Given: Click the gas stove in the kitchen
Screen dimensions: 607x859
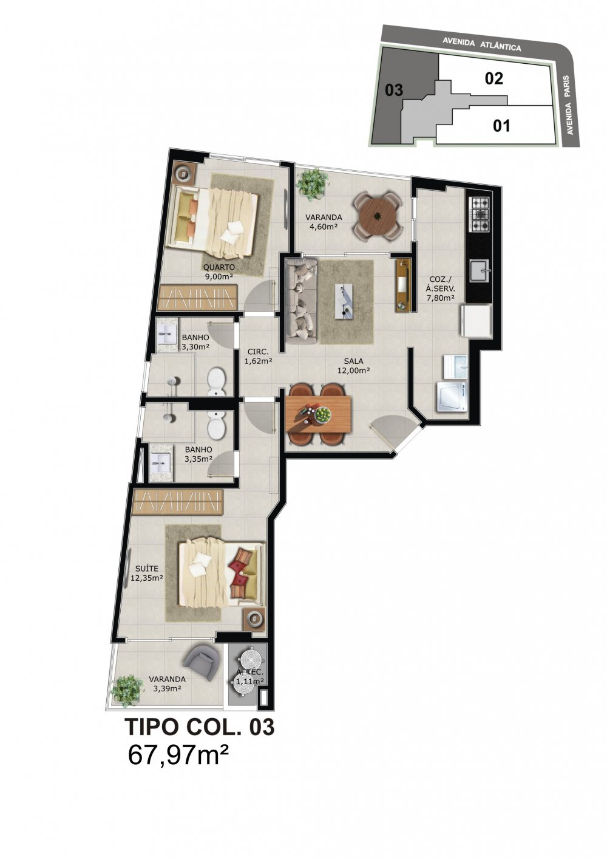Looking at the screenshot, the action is (479, 214).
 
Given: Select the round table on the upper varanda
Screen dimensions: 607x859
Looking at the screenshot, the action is (378, 216).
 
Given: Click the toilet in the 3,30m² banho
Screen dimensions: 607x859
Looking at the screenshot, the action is (217, 381).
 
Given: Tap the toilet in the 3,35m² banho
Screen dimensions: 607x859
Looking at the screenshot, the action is (217, 425).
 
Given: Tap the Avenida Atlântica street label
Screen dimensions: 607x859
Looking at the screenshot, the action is (482, 44).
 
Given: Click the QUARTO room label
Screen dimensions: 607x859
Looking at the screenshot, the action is (219, 267).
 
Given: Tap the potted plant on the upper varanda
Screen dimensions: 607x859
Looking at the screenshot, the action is (313, 183).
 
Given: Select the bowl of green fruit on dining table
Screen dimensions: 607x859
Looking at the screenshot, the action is (323, 414).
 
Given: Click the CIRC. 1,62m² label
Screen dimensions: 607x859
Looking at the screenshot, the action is (258, 356).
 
